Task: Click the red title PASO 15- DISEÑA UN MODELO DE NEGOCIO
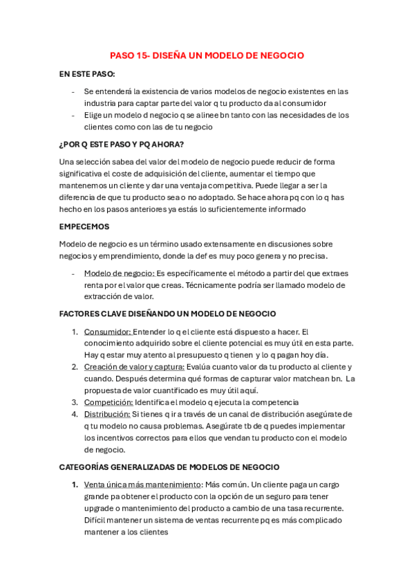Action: [207, 55]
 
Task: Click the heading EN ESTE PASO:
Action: [87, 73]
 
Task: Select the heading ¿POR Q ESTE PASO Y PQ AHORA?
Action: [122, 144]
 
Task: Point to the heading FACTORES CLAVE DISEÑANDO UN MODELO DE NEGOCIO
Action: [167, 314]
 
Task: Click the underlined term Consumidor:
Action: [107, 332]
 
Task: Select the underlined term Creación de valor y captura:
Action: [134, 367]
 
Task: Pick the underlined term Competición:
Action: [108, 402]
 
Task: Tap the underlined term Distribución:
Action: [109, 414]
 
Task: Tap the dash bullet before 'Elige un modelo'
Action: [74, 115]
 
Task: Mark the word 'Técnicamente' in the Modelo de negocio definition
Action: [189, 285]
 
